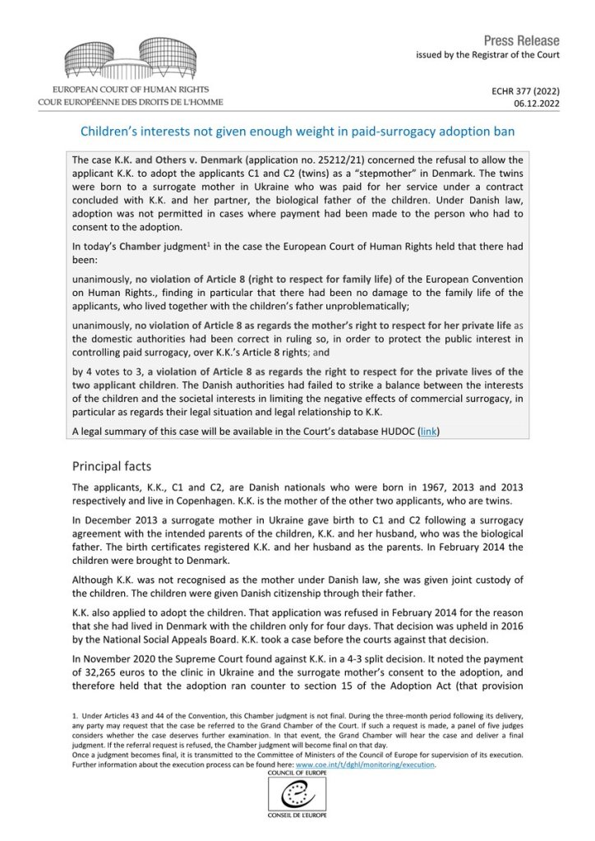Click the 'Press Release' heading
click(521, 40)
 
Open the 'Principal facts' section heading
click(112, 466)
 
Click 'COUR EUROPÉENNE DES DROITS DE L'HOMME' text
click(130, 102)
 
